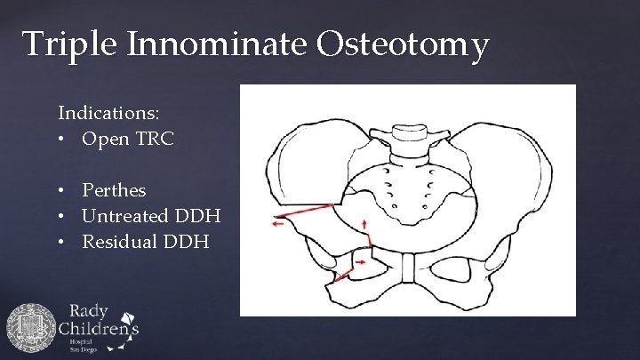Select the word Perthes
click(x=114, y=190)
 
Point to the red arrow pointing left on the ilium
click(x=282, y=225)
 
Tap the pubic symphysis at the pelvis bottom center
click(x=405, y=268)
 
